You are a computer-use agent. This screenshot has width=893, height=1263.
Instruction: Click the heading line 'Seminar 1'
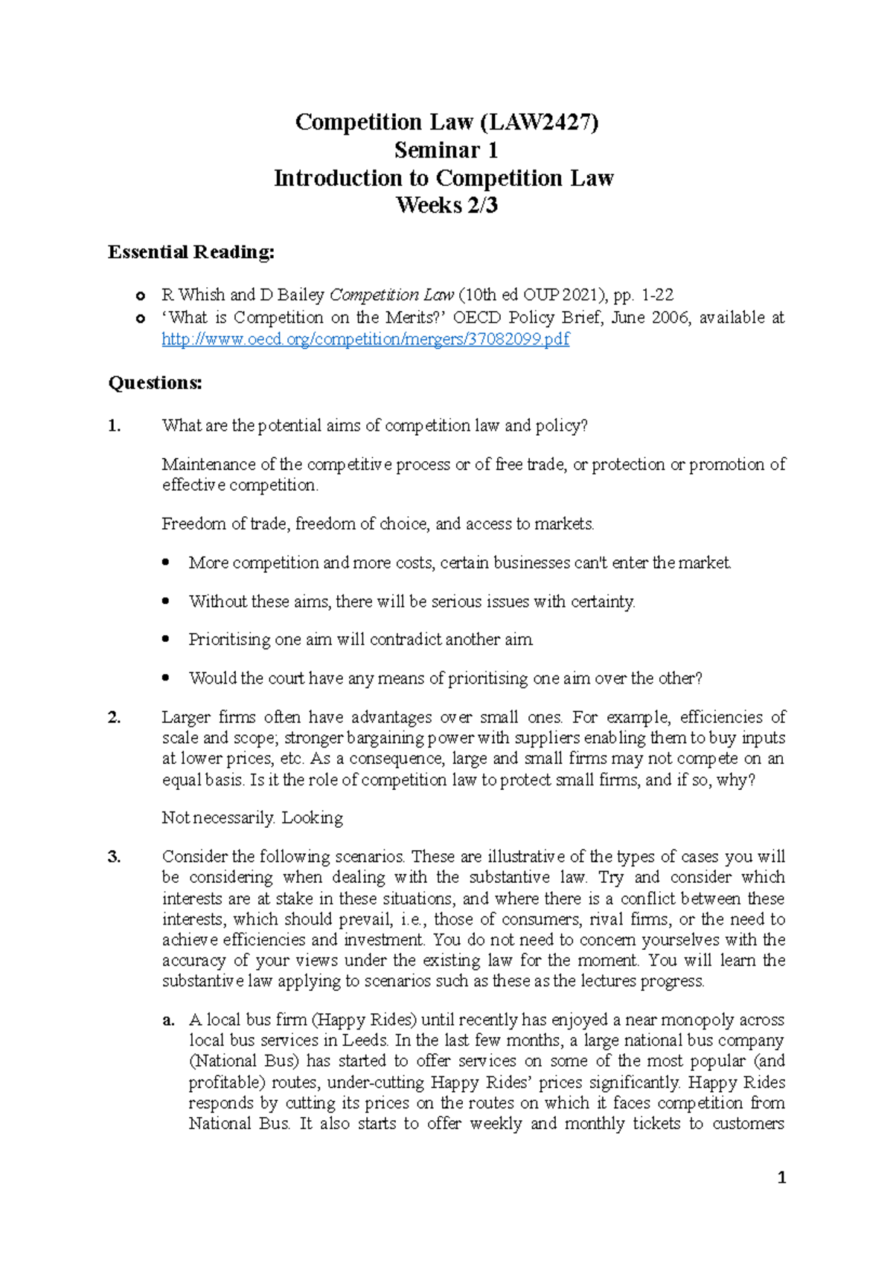click(446, 150)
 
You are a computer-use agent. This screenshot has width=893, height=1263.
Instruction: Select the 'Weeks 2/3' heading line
click(446, 205)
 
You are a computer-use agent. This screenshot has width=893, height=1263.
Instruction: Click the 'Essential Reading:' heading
click(191, 252)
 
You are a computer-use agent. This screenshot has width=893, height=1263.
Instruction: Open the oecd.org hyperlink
click(365, 339)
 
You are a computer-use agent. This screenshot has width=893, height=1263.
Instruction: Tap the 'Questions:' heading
click(155, 383)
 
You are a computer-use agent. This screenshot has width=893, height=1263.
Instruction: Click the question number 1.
click(114, 426)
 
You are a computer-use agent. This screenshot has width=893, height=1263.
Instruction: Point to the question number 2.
click(114, 718)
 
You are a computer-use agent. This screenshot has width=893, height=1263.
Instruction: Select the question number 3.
click(114, 857)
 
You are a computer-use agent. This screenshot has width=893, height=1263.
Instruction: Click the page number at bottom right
click(781, 1177)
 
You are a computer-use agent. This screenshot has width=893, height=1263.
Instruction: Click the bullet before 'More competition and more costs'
click(166, 563)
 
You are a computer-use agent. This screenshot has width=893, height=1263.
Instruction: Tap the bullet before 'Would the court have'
click(166, 678)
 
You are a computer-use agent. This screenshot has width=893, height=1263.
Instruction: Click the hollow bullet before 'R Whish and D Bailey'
click(140, 296)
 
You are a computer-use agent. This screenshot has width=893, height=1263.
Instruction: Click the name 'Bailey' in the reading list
click(301, 295)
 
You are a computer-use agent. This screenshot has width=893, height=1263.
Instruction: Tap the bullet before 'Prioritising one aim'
click(166, 640)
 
